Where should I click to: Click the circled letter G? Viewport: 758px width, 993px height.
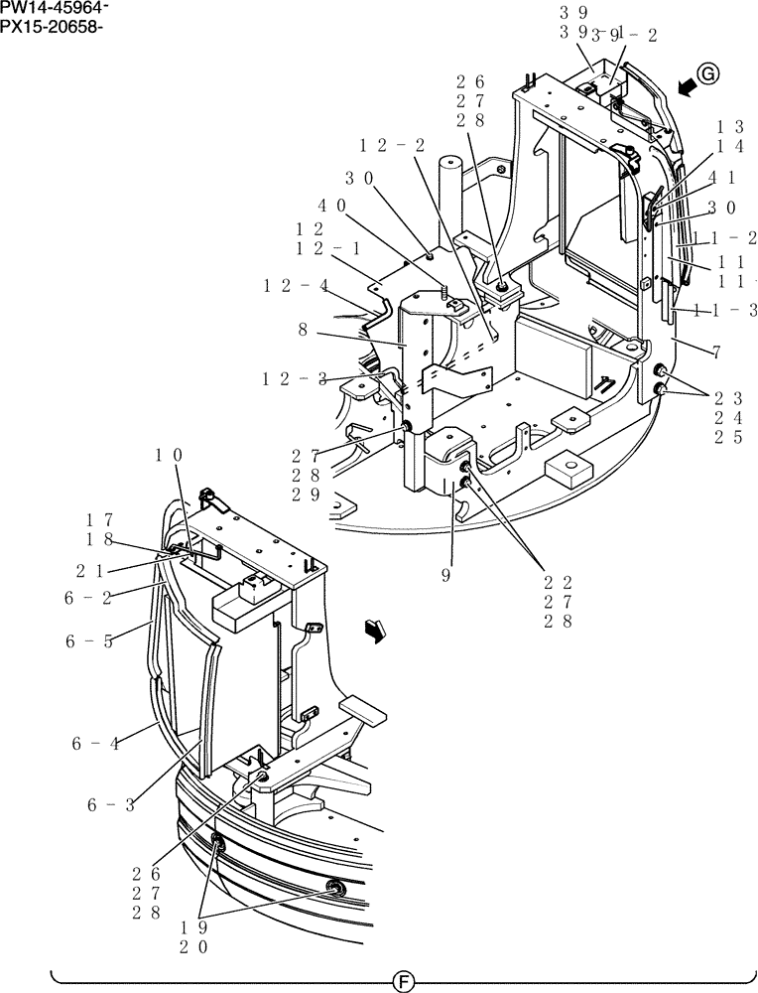(706, 73)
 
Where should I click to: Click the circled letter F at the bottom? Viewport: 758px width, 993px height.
(403, 982)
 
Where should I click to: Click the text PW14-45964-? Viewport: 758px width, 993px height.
(55, 8)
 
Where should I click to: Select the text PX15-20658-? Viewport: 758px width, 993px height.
(52, 25)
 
